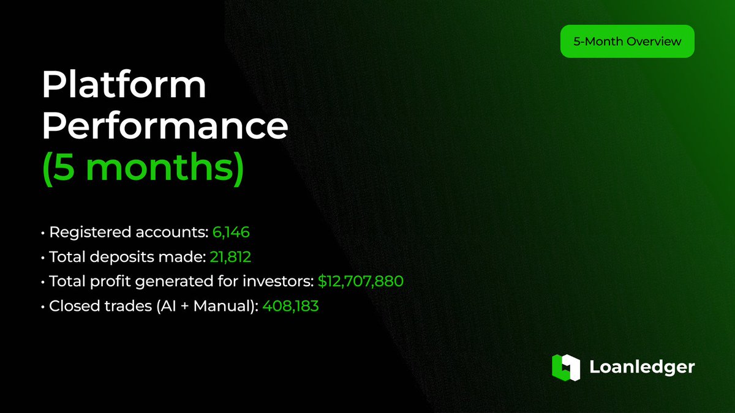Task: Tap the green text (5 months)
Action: point(143,167)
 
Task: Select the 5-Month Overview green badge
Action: point(627,42)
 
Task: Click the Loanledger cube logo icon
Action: point(565,366)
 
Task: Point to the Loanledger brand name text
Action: point(642,367)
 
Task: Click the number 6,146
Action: point(232,233)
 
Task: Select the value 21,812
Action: point(231,257)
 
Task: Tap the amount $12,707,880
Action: point(360,281)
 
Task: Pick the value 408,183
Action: point(290,306)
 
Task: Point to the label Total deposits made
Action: point(127,257)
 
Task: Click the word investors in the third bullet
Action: point(283,281)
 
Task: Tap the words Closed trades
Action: point(102,306)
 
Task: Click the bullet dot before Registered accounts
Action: point(43,234)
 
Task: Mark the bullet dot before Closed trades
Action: point(43,307)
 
